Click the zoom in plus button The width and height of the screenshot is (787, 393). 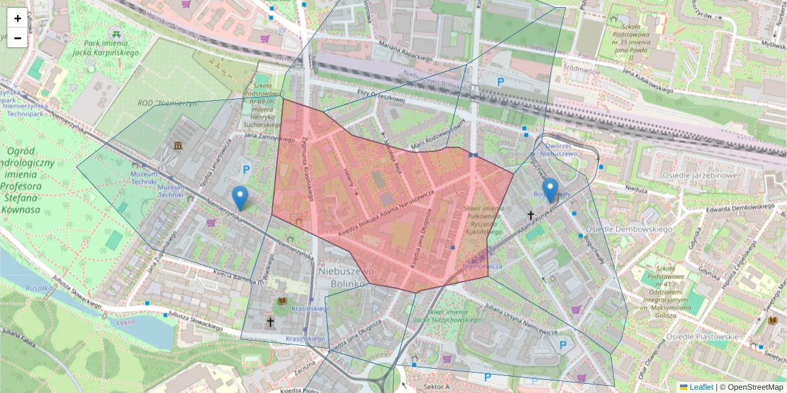click(x=18, y=18)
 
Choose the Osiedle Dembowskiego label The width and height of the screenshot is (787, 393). click(x=629, y=229)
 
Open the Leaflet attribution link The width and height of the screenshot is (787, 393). click(x=701, y=387)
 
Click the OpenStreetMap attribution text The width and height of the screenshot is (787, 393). click(x=754, y=387)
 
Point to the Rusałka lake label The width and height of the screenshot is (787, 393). click(x=39, y=287)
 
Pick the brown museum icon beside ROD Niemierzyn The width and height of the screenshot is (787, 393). click(x=178, y=145)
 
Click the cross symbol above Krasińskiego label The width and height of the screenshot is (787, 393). click(x=270, y=322)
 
